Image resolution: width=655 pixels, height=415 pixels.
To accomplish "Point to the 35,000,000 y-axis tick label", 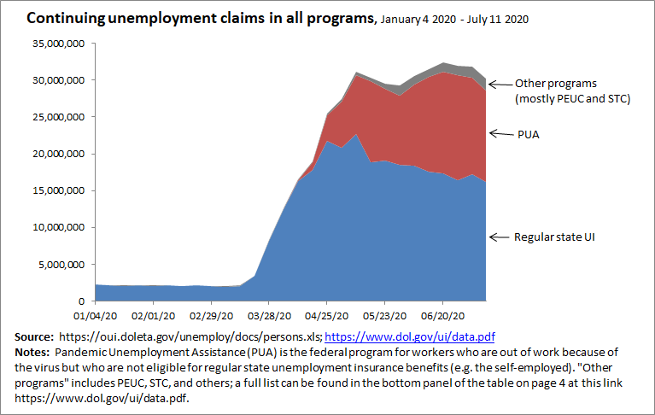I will pos(61,44).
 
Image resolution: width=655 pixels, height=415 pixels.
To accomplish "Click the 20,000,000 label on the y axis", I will pos(61,155).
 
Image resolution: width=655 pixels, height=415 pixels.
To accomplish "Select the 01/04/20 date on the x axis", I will pos(95,313).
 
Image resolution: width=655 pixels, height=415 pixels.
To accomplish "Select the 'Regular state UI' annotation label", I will pos(553,236).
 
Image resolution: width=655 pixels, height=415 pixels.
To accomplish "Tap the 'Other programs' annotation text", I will pos(552,84).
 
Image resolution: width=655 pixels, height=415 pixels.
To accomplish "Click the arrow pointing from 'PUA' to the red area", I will pos(499,133).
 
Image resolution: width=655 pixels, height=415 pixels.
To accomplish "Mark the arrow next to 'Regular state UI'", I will pos(499,236).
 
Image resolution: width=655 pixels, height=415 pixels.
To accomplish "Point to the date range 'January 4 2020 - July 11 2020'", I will pos(454,19).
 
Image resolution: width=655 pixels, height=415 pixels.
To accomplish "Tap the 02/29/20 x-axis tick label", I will pos(211,313).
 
